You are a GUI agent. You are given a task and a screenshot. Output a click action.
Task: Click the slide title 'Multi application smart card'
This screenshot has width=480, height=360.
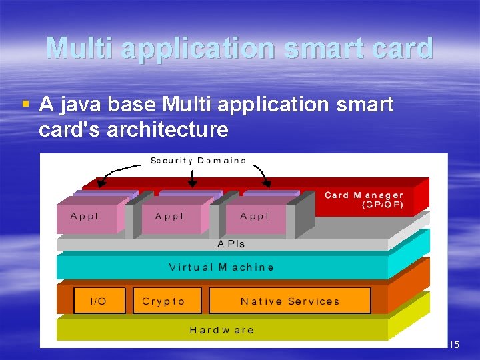[240, 48]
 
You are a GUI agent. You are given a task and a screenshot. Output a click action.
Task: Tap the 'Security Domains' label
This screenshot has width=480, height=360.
[198, 161]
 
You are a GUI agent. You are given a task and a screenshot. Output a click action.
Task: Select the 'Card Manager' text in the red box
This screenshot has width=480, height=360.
[363, 195]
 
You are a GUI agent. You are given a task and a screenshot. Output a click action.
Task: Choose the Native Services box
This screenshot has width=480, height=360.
[290, 301]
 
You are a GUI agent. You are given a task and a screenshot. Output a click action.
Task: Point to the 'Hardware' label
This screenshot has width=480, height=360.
[221, 329]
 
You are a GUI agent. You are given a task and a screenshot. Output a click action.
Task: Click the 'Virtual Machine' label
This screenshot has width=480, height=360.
[221, 267]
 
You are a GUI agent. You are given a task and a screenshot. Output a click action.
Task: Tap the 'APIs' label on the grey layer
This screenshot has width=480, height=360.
[231, 244]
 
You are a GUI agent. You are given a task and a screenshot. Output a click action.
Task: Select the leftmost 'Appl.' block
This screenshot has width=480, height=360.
[87, 216]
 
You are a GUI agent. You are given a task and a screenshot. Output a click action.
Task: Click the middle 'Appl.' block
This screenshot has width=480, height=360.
[171, 216]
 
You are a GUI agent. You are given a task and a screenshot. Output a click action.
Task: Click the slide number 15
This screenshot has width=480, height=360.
[453, 345]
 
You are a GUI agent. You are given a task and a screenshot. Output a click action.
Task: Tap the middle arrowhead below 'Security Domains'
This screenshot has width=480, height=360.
[193, 183]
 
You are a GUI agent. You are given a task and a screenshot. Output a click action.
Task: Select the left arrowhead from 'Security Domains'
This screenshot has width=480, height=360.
[101, 183]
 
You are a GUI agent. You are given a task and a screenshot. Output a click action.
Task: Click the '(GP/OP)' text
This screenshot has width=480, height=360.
[383, 205]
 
